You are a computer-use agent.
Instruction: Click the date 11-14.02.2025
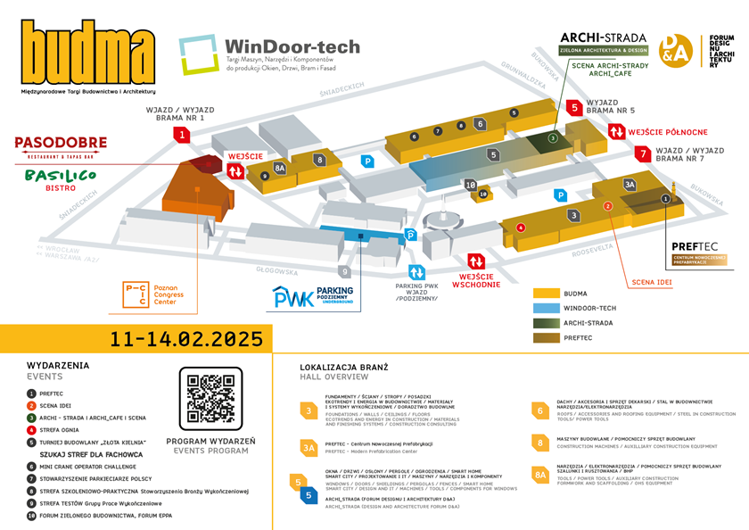tap(186, 339)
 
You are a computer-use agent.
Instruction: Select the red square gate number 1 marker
tap(183, 135)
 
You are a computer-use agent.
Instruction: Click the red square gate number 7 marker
tap(641, 154)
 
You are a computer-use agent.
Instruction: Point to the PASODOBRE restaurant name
tap(61, 143)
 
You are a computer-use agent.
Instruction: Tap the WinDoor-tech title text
tap(292, 46)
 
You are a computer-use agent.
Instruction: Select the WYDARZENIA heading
tap(58, 366)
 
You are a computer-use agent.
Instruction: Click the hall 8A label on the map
tap(280, 167)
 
